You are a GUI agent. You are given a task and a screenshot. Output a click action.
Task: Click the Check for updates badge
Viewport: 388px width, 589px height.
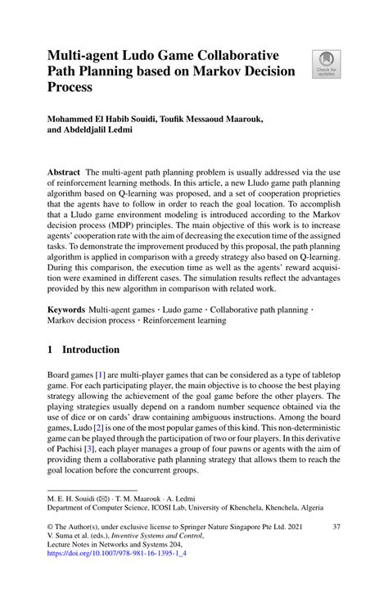click(325, 64)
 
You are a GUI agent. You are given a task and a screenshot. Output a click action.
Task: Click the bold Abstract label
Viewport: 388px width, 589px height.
click(63, 174)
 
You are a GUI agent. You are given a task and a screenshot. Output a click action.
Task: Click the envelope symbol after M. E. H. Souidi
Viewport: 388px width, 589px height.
click(104, 496)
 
